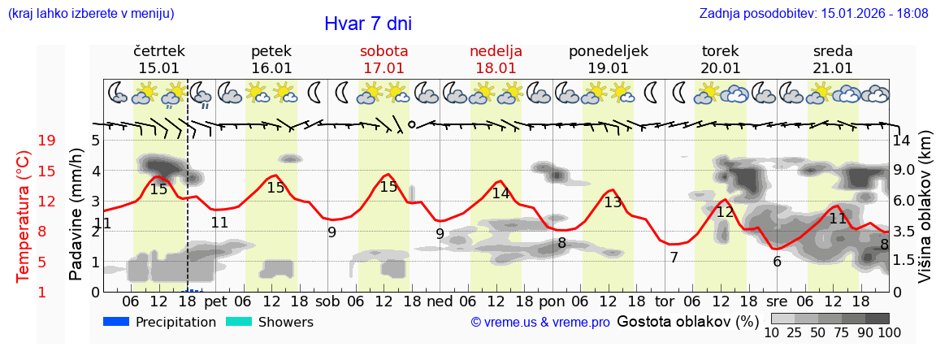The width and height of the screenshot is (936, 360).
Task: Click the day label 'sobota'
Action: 383,51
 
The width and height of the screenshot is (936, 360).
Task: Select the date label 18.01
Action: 496,68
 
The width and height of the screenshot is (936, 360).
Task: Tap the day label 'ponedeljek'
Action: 609,51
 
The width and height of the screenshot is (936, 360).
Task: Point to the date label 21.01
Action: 833,68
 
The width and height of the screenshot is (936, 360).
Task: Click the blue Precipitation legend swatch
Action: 116,322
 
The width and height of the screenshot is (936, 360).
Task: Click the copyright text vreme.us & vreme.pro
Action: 540,323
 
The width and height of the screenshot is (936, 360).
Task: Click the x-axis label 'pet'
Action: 215,301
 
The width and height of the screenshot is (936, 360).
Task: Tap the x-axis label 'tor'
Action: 665,301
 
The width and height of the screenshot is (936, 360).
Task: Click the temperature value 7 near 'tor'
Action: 674,258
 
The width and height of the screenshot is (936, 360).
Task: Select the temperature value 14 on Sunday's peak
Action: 500,193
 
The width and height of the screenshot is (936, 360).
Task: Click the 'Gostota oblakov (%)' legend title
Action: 687,321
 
